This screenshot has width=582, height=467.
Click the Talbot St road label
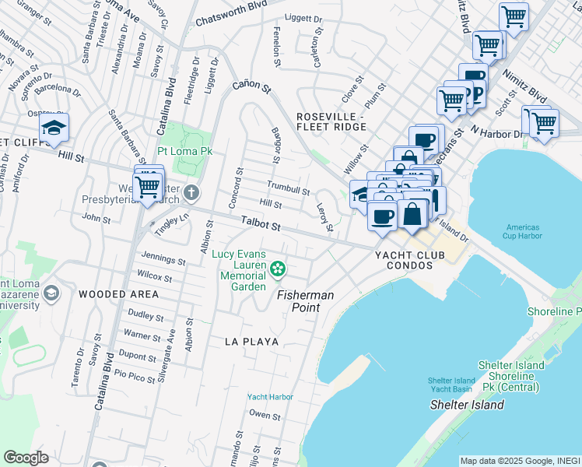259,224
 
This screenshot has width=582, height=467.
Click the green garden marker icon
278,269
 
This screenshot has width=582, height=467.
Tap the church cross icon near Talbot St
192,192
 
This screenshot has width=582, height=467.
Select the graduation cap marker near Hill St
54,128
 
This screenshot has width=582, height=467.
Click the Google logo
26,458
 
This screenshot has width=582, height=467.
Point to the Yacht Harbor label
270,397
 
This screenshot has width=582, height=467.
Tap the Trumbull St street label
289,188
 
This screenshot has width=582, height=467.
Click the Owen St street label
265,416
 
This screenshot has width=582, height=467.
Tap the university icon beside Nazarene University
52,293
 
